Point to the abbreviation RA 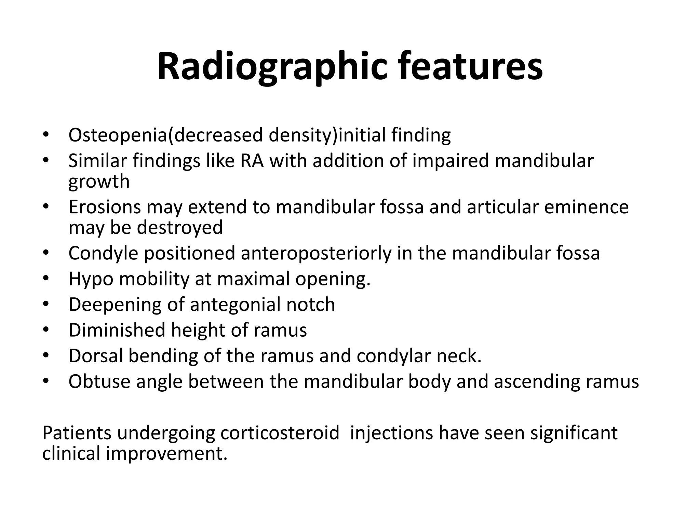(252, 161)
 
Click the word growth (99, 181)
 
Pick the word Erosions (105, 207)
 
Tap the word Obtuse (99, 381)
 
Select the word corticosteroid (280, 433)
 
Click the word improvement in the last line (166, 454)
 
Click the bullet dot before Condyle (46, 253)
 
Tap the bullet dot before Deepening (46, 305)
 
